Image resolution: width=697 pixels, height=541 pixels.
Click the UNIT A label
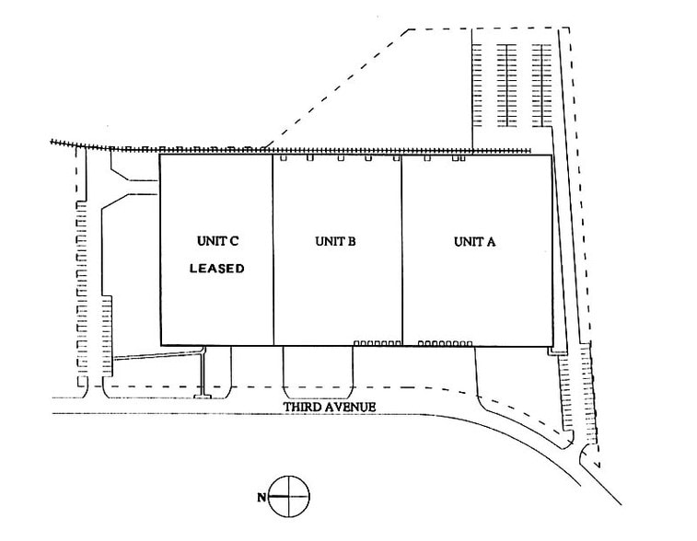[x=474, y=242]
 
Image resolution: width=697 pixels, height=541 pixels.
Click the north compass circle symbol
[x=289, y=496]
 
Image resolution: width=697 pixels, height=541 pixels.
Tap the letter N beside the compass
[x=264, y=497]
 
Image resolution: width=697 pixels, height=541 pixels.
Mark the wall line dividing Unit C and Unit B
[x=273, y=248]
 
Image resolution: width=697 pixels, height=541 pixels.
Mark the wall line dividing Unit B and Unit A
[x=401, y=248]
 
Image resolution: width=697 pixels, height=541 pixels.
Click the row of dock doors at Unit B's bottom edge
[x=377, y=343]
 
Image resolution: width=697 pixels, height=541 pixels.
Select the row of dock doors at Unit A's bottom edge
[x=445, y=343]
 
